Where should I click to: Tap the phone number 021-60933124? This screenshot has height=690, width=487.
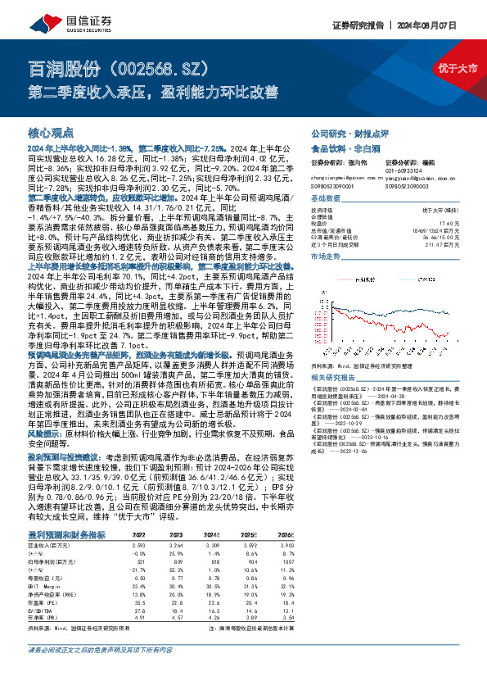pos(424,170)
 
